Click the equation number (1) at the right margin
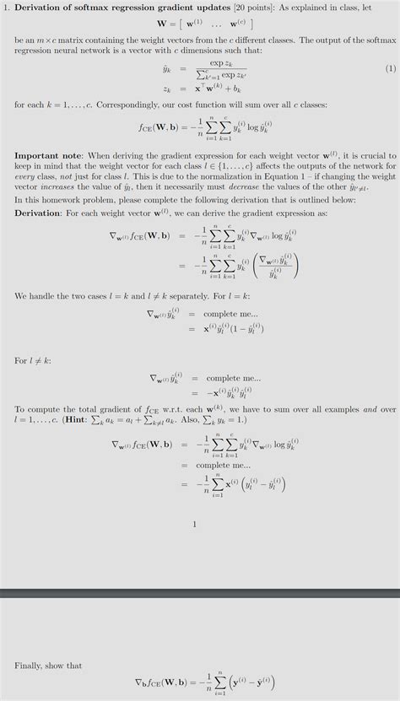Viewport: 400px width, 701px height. (390, 67)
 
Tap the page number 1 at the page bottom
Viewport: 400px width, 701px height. (195, 525)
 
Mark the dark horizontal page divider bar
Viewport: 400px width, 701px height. (200, 594)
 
